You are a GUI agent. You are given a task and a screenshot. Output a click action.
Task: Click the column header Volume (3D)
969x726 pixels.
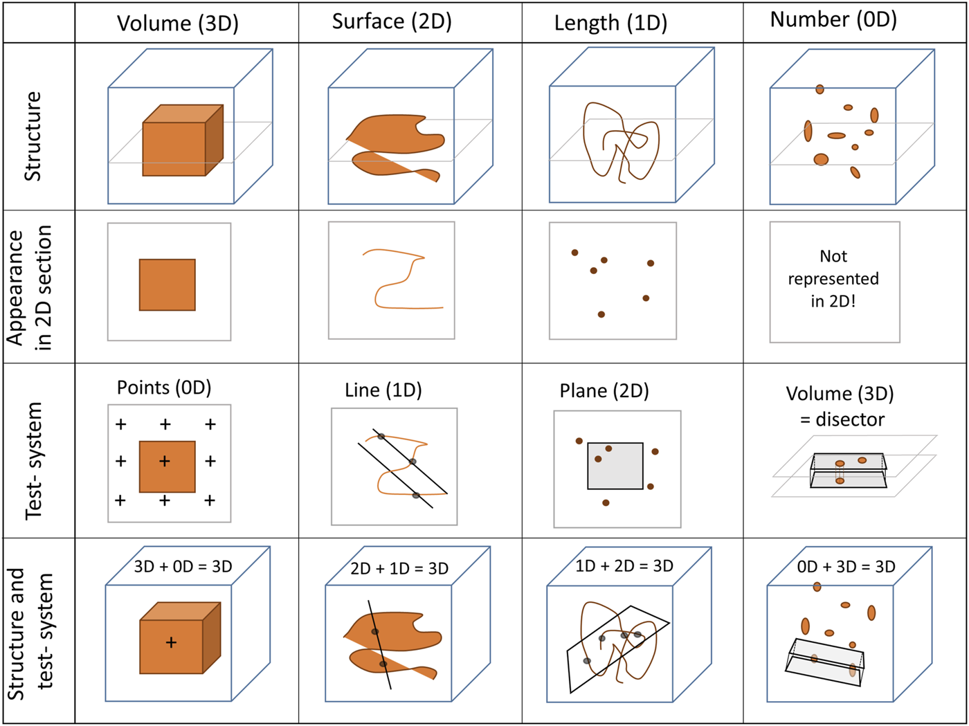click(177, 24)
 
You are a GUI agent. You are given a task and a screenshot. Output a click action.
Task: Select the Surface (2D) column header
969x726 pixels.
click(392, 22)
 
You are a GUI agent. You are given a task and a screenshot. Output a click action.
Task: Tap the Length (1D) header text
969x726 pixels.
click(610, 24)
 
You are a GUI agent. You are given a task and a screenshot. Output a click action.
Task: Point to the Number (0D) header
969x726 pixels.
click(833, 20)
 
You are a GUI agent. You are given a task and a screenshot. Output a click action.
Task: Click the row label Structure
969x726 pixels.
click(33, 136)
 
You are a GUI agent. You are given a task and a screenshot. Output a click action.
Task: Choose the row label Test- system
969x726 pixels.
click(33, 460)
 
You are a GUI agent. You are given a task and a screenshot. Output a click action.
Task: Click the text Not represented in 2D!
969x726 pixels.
click(833, 279)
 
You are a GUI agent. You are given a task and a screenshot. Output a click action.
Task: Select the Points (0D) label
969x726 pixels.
click(164, 388)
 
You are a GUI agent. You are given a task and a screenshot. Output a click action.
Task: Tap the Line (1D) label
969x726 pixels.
click(383, 390)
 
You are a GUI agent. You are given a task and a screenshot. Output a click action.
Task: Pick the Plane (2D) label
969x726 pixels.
click(604, 391)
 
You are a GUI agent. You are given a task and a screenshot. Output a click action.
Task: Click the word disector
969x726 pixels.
click(850, 419)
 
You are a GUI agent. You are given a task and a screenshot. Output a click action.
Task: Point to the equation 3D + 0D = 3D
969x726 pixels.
click(183, 567)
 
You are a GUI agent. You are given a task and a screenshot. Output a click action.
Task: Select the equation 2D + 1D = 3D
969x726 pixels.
click(399, 569)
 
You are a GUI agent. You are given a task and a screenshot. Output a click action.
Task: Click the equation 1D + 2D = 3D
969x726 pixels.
click(624, 566)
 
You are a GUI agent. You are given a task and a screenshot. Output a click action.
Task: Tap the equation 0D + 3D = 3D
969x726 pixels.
click(846, 567)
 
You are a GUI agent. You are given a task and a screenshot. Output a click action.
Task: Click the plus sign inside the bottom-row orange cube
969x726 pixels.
click(171, 643)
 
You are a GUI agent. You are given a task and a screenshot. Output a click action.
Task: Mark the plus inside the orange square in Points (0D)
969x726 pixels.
click(165, 461)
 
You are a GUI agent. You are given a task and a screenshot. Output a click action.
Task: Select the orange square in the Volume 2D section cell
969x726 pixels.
click(167, 285)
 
